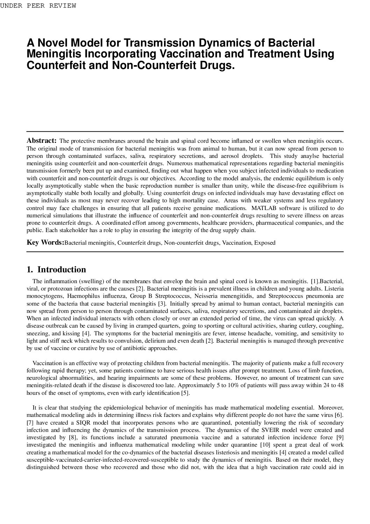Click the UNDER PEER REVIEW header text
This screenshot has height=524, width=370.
38,6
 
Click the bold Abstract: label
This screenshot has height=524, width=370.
42,141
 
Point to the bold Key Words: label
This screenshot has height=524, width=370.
45,243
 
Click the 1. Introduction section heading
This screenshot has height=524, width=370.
56,270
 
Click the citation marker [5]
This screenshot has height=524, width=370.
185,393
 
